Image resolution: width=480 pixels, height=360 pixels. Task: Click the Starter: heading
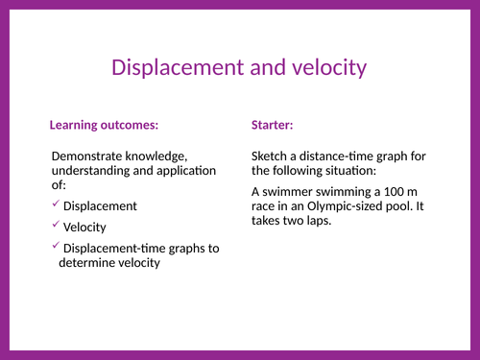pyautogui.click(x=273, y=125)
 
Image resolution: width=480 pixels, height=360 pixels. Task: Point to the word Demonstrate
pyautogui.click(x=92, y=156)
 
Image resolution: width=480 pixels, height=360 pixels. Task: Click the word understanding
pyautogui.click(x=94, y=171)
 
